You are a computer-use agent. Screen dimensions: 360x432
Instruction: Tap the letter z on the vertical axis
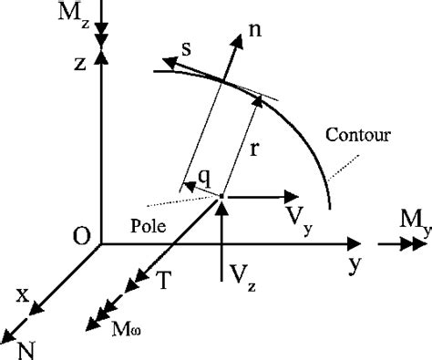coord(82,66)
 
